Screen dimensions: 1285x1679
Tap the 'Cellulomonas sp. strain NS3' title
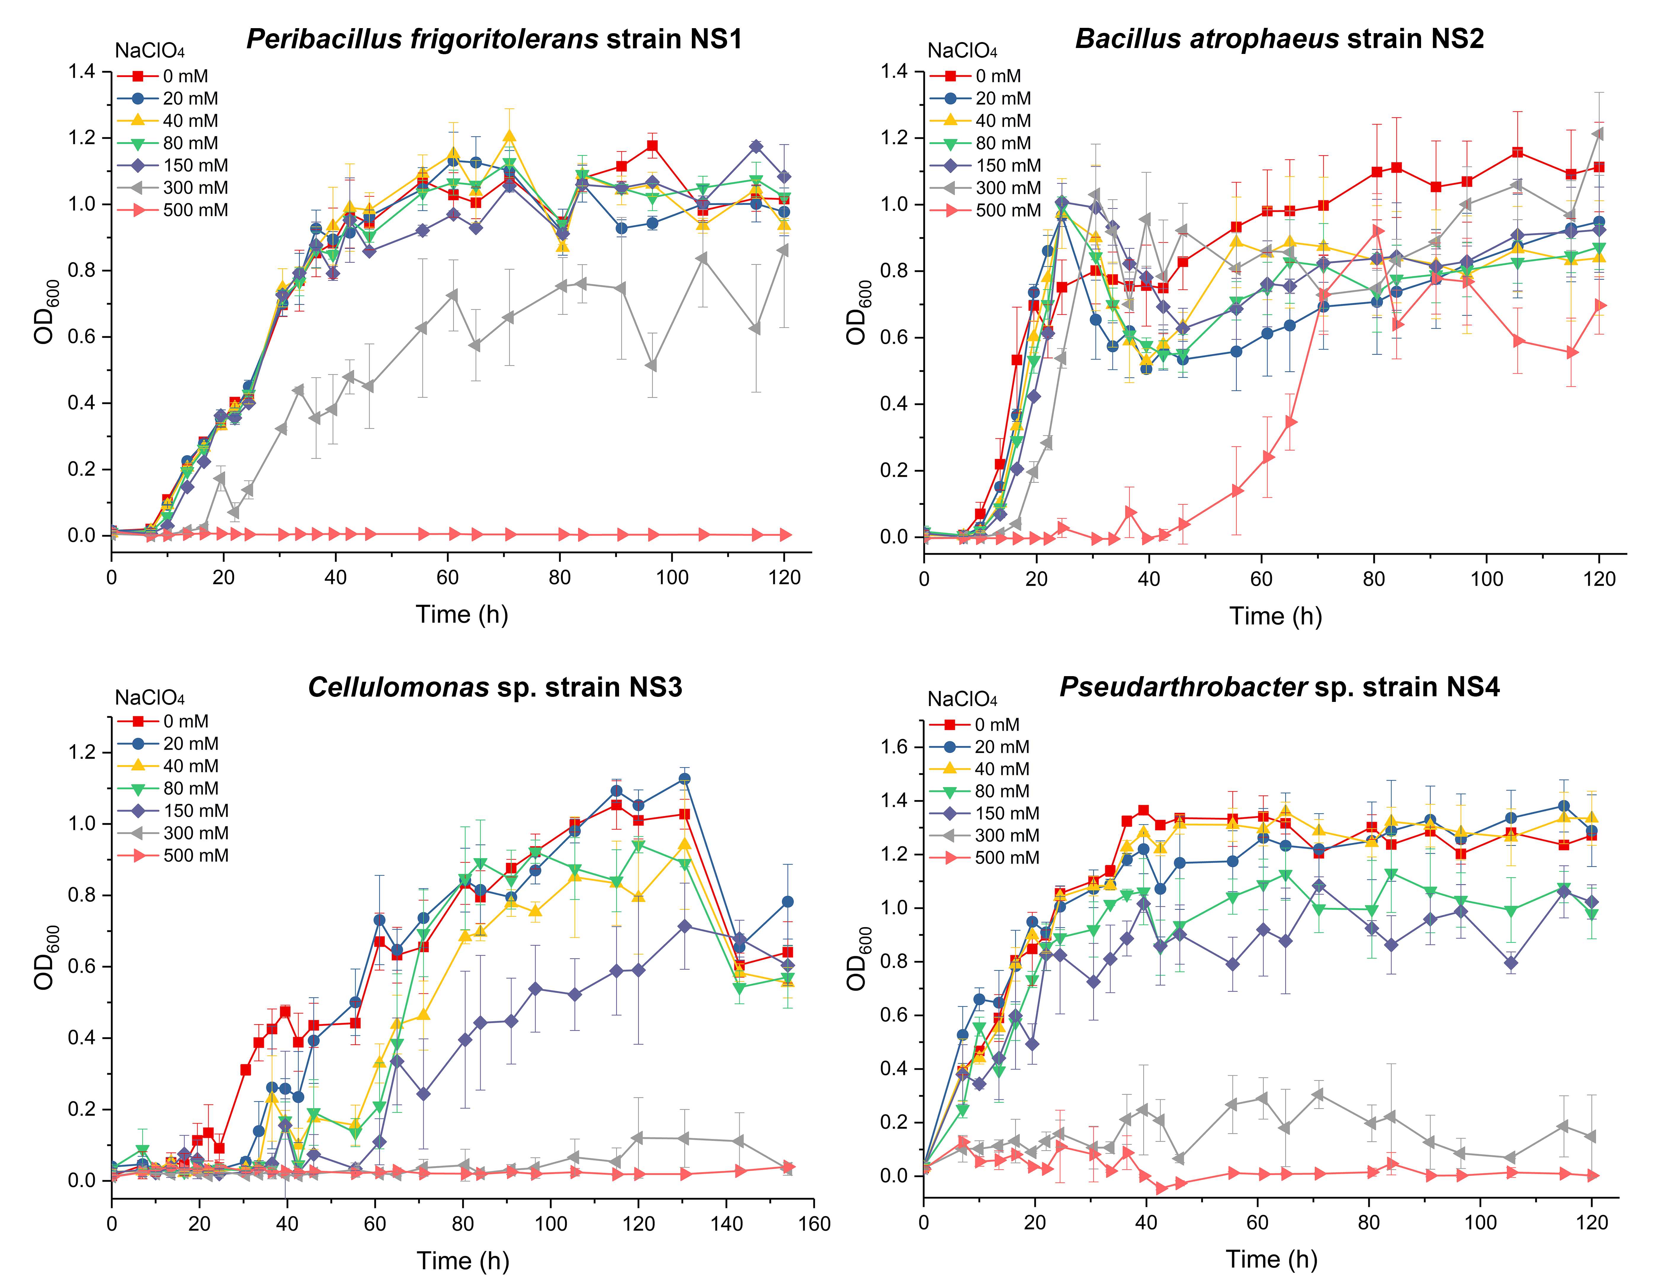point(495,687)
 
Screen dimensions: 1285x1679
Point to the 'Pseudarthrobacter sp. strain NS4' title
point(1279,687)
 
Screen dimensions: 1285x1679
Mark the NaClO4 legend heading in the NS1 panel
point(150,51)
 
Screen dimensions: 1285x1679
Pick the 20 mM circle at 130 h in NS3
point(684,779)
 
